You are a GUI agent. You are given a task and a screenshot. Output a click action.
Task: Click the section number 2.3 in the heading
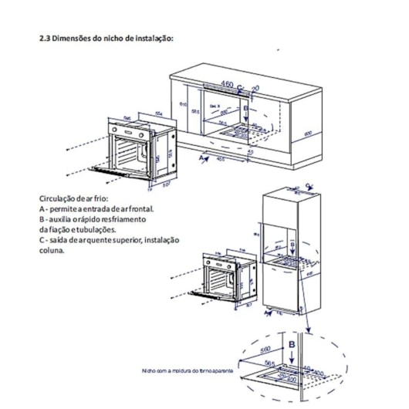click(x=46, y=38)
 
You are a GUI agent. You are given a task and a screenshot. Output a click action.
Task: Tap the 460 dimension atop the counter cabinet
click(x=226, y=83)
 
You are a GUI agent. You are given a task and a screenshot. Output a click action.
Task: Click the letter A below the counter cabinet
click(x=203, y=157)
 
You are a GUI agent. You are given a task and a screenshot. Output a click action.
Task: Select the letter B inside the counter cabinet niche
click(x=245, y=110)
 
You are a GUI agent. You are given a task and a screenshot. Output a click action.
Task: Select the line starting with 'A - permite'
click(x=96, y=208)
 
